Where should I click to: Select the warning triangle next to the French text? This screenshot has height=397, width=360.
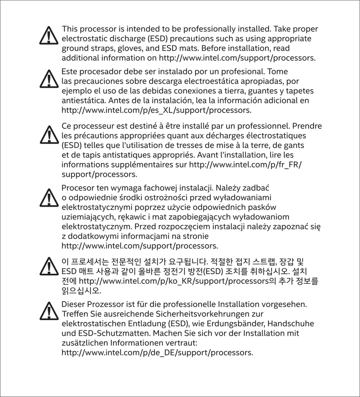pos(49,135)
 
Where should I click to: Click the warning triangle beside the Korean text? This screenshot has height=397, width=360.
pos(49,266)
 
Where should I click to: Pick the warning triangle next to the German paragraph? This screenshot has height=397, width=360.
pos(49,311)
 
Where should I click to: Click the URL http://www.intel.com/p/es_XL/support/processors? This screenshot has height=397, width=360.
pos(156,110)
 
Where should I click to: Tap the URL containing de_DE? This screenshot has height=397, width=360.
pos(157,353)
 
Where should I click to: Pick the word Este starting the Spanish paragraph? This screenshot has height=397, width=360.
pos(69,71)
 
